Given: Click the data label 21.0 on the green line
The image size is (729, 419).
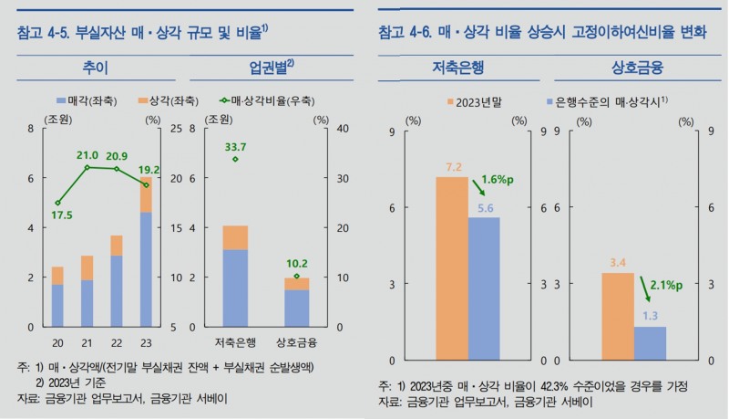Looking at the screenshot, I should coord(87,155).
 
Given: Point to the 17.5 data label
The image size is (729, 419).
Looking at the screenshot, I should coord(60,215).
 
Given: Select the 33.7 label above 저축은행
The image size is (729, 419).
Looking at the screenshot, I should coord(236,147).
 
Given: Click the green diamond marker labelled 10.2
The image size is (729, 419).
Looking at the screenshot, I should coord(296,276).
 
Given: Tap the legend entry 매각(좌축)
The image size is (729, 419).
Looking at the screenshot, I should coord(85,98).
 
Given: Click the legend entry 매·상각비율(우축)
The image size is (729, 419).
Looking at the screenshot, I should coord(248,98).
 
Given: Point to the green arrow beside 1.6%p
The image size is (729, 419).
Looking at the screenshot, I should coord(477,187).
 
